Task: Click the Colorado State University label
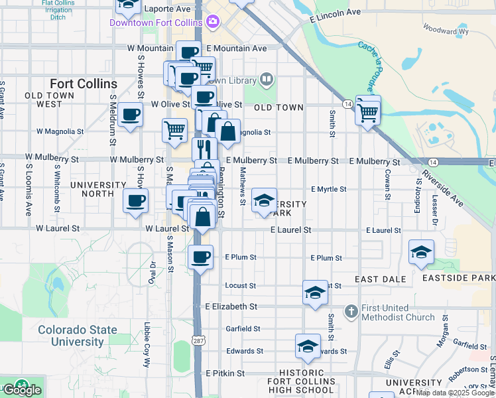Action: pos(78,336)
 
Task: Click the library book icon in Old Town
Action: pos(266,80)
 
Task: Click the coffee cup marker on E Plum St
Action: pos(200,257)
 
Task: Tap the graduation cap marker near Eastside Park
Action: pos(421,252)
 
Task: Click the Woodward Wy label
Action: pos(446,30)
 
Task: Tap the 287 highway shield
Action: pos(198,340)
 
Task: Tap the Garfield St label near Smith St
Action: pos(242,328)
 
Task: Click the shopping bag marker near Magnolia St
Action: pos(227,131)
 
